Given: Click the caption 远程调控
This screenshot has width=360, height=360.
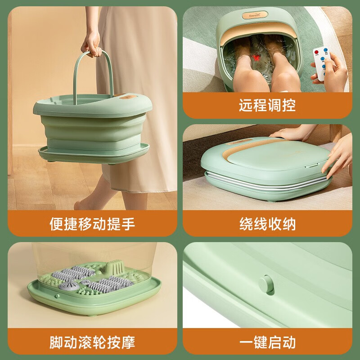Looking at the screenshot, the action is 267,105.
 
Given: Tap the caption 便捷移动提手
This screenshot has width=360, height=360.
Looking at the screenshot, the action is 92,224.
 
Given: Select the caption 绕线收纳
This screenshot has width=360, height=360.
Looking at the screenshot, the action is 267,224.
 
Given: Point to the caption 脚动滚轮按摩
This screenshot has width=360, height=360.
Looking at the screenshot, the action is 92,342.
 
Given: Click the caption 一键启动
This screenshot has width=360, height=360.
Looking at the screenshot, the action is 267,342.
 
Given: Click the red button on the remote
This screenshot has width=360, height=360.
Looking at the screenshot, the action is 317,52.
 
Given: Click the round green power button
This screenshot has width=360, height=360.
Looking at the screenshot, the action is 266,285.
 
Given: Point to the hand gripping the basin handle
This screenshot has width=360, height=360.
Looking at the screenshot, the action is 91,45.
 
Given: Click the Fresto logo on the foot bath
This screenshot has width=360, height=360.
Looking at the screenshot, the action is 255,15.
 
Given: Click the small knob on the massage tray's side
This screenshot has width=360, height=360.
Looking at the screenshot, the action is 57,296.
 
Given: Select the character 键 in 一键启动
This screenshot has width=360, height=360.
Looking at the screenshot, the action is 261,342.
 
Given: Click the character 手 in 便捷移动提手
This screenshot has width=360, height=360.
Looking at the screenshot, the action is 128,224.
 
